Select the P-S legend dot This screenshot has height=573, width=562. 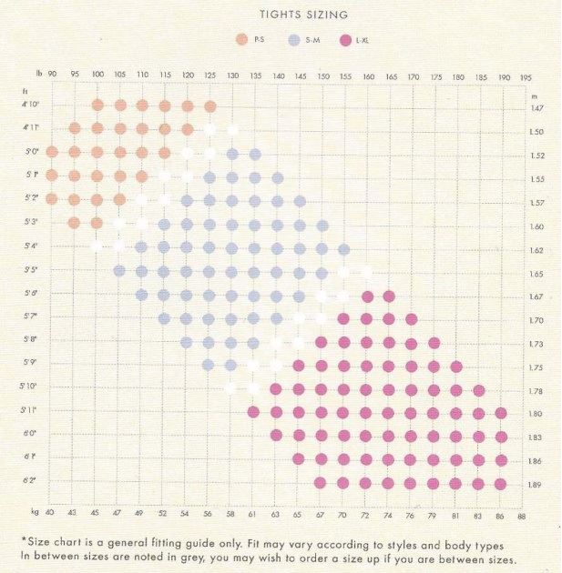(x=241, y=40)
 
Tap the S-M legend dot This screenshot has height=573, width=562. (x=293, y=40)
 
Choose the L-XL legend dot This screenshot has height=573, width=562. (x=344, y=40)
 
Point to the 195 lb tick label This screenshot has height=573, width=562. (x=526, y=78)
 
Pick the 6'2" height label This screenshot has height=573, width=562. (x=31, y=482)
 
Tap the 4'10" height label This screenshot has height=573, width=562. (x=31, y=106)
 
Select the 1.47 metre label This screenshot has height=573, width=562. (x=536, y=107)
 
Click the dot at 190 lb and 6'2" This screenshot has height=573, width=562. (x=500, y=483)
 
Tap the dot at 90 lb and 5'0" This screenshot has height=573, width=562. (x=52, y=152)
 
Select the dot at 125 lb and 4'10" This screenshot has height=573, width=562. (x=209, y=106)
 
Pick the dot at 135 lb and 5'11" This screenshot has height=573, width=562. (x=254, y=412)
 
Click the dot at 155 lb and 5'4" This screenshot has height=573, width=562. (x=343, y=249)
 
